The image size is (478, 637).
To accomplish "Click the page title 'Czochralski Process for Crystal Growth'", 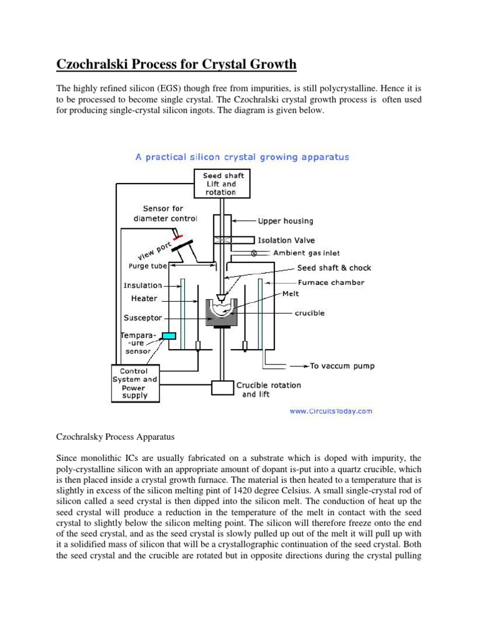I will pyautogui.click(x=177, y=65).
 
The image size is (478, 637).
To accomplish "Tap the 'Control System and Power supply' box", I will pyautogui.click(x=134, y=383).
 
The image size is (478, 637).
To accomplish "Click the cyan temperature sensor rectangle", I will pyautogui.click(x=168, y=336).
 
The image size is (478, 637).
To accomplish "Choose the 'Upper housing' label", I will pyautogui.click(x=286, y=221).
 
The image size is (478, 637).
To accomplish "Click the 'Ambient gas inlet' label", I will pyautogui.click(x=307, y=253).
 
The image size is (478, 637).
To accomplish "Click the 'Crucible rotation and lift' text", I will pyautogui.click(x=268, y=389).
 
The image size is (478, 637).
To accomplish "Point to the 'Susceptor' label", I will pyautogui.click(x=143, y=317).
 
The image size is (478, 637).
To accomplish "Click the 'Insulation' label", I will pyautogui.click(x=143, y=286).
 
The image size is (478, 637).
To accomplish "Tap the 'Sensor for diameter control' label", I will pyautogui.click(x=165, y=214).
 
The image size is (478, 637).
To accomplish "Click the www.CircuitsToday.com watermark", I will pyautogui.click(x=330, y=411).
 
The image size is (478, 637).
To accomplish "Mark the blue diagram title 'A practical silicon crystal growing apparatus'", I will pyautogui.click(x=242, y=157).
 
